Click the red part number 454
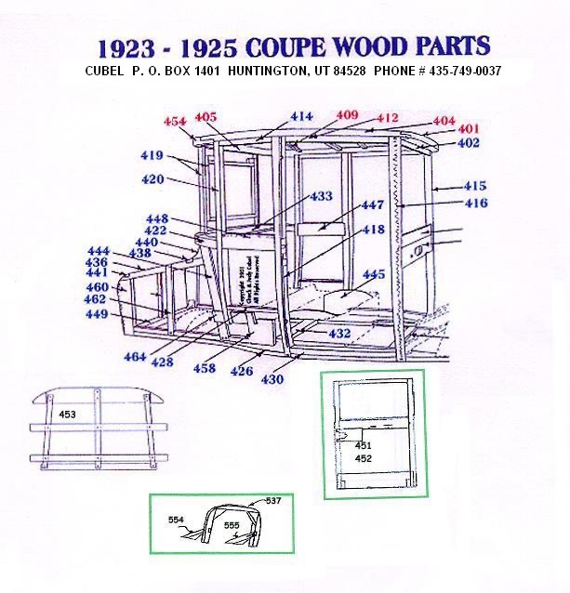tap(175, 122)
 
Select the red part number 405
tap(205, 117)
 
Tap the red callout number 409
tap(347, 115)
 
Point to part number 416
tap(475, 203)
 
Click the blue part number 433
tap(321, 197)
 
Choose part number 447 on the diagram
tap(373, 204)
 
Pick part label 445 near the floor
tap(373, 274)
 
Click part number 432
tap(339, 332)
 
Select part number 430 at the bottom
tap(272, 379)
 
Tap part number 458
tap(204, 369)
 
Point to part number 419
tap(152, 155)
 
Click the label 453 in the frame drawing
tap(68, 414)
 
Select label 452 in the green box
tap(364, 458)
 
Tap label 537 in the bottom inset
tap(273, 501)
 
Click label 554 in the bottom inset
tap(177, 519)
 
